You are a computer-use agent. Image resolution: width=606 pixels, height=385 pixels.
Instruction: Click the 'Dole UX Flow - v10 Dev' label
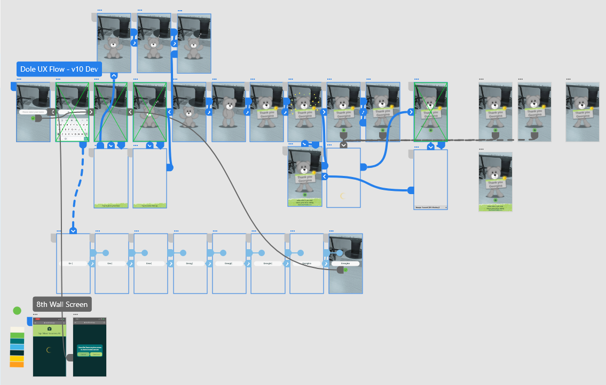pos(59,69)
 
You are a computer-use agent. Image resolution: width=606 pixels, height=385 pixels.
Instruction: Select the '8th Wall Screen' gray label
pos(62,305)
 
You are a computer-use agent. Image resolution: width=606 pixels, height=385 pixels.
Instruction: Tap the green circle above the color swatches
pos(17,311)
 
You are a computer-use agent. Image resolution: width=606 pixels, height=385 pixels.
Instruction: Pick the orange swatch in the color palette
pos(17,365)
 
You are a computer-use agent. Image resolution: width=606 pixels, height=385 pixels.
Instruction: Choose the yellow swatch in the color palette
pos(17,359)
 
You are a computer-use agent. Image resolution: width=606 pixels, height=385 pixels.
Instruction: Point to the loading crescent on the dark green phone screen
pos(49,350)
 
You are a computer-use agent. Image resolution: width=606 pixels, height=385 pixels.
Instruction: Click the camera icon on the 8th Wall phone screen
pos(49,328)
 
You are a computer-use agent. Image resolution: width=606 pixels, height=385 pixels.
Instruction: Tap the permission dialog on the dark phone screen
pos(90,351)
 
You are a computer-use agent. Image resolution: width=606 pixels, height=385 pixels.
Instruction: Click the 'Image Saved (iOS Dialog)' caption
pos(430,207)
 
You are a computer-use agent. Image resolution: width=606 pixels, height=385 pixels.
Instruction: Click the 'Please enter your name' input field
pos(33,112)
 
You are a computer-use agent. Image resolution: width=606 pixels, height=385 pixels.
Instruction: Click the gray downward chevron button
pos(343,144)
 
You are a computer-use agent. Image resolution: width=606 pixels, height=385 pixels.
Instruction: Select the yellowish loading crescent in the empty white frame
pos(343,196)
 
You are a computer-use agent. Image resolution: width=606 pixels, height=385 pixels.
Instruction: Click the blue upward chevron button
pos(114,76)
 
